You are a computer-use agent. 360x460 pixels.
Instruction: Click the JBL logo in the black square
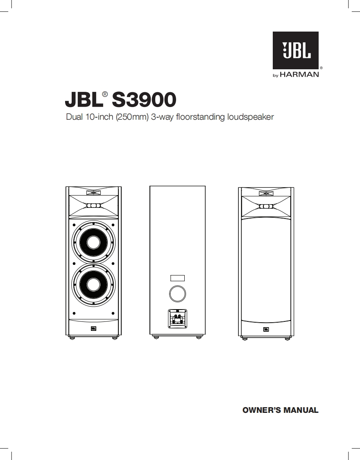pyautogui.click(x=296, y=50)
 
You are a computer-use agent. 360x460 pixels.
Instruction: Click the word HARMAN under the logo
pyautogui.click(x=300, y=75)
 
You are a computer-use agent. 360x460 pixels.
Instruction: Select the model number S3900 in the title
pyautogui.click(x=144, y=99)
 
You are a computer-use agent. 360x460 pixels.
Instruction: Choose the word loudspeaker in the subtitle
pyautogui.click(x=250, y=117)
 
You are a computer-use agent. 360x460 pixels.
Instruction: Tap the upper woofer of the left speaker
pyautogui.click(x=93, y=242)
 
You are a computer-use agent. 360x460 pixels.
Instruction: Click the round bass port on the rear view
pyautogui.click(x=177, y=293)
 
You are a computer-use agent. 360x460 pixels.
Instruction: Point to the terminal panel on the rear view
pyautogui.click(x=177, y=319)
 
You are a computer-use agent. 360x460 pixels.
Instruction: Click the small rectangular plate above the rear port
pyautogui.click(x=177, y=278)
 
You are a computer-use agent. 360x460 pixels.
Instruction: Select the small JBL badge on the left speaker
pyautogui.click(x=93, y=328)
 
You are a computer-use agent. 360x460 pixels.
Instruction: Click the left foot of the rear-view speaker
pyautogui.click(x=156, y=337)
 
